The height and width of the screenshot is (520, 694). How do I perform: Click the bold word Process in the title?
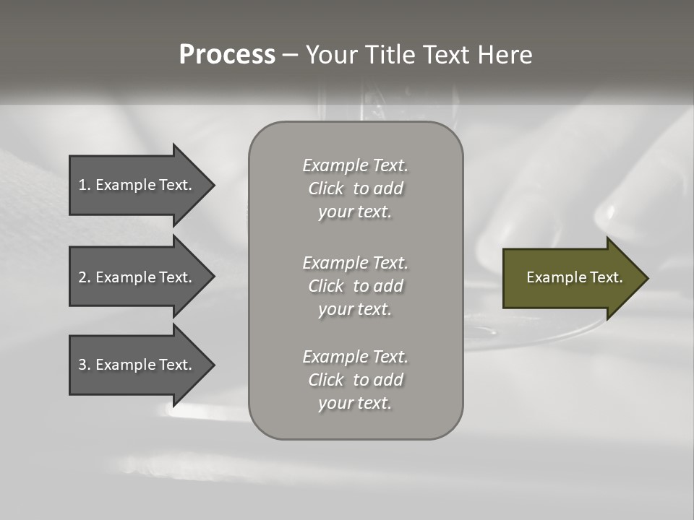point(227,55)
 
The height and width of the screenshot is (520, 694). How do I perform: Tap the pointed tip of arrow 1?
point(213,185)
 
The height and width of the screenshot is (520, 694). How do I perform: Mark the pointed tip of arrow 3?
point(213,365)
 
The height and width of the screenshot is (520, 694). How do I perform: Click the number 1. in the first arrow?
point(84,185)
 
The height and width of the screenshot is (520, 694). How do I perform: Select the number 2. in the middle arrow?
point(84,277)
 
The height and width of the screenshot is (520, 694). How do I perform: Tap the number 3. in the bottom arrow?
point(84,365)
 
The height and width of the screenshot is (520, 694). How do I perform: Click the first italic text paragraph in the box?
point(355,188)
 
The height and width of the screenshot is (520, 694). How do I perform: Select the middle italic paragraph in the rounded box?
point(355,286)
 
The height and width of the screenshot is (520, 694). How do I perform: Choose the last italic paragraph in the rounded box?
point(355,380)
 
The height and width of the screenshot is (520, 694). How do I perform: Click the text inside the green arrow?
point(574,277)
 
